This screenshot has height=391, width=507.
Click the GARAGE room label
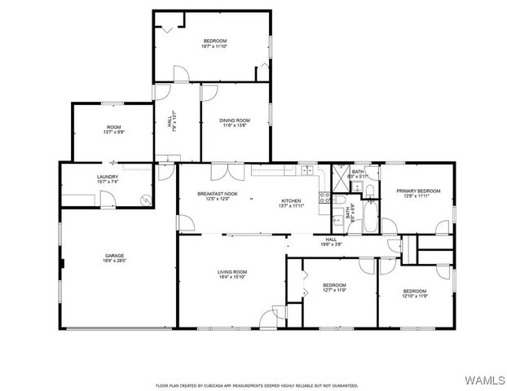[x=114, y=255]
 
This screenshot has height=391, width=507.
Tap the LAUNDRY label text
[x=108, y=177]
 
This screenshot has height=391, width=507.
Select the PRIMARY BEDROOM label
[x=418, y=191]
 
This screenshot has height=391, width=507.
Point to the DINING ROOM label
[x=235, y=121]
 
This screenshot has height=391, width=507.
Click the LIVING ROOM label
[x=232, y=271]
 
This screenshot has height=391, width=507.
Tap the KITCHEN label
[x=291, y=201]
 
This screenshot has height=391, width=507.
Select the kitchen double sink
[x=307, y=169]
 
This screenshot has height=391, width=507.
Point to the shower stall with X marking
[x=337, y=178]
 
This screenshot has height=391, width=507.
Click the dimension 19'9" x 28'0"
[x=114, y=261]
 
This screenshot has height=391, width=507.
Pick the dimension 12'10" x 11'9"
[x=414, y=297]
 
